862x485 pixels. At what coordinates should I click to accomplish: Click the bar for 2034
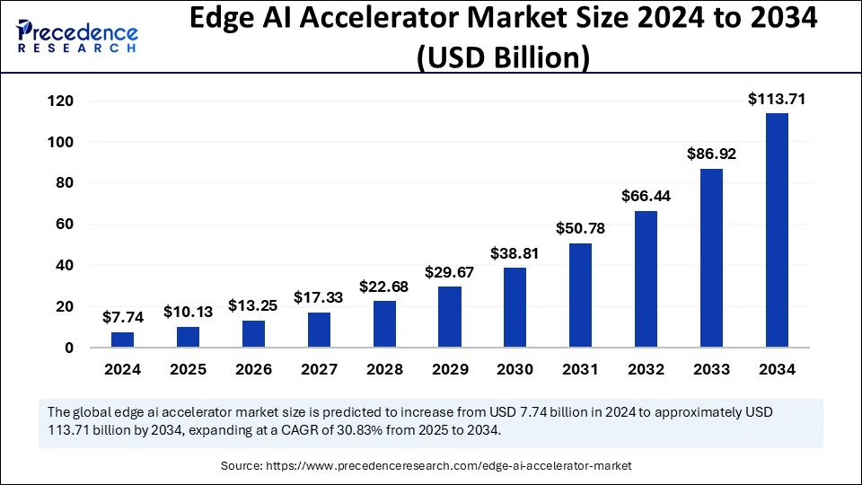pos(777,230)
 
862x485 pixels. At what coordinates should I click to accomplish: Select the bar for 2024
pos(123,339)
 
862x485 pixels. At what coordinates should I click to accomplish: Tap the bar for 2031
pos(581,295)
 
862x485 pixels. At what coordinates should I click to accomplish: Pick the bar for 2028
pos(384,323)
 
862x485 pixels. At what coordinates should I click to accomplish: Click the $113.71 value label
pos(777,100)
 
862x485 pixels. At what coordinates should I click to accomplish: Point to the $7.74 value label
pos(123,318)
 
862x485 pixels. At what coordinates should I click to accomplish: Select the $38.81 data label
pos(515,253)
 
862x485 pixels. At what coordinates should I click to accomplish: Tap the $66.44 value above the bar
pos(646,196)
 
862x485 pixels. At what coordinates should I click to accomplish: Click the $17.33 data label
pos(319,297)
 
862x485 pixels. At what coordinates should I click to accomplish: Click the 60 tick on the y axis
pos(65,225)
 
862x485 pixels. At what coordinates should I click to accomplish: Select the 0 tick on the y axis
pos(68,348)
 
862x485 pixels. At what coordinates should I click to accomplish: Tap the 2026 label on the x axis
pos(253,369)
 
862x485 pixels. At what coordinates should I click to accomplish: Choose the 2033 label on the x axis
pos(711,369)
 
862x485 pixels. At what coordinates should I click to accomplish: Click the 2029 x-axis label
pos(450,369)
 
